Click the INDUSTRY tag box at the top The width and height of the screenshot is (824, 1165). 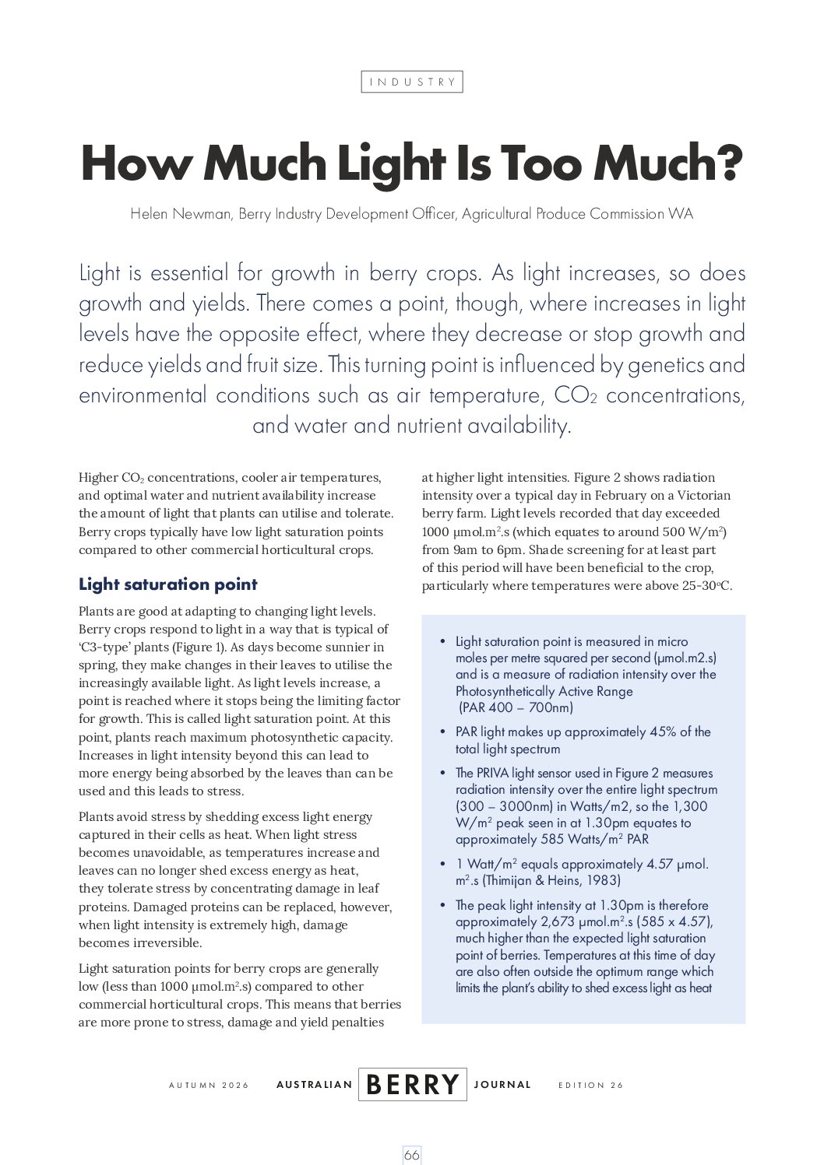[412, 82]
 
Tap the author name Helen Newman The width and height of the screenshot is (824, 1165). [181, 214]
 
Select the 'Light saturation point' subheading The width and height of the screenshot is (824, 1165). [167, 584]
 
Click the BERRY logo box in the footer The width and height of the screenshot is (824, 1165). [412, 1084]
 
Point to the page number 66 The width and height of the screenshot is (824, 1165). [412, 1155]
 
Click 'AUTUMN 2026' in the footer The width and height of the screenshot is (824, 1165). [209, 1085]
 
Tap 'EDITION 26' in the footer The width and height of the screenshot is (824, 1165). [590, 1085]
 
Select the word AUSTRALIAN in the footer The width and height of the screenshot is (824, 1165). [314, 1085]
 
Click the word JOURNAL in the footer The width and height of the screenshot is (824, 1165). [502, 1085]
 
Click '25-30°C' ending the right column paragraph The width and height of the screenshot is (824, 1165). [706, 586]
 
